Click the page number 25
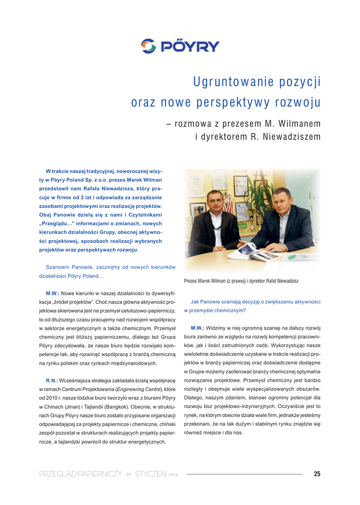click(x=317, y=474)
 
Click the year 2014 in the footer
click(x=173, y=475)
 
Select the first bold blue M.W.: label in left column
click(x=53, y=292)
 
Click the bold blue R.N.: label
click(x=52, y=381)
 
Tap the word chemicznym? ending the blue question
click(x=229, y=310)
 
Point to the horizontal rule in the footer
click(x=244, y=474)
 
